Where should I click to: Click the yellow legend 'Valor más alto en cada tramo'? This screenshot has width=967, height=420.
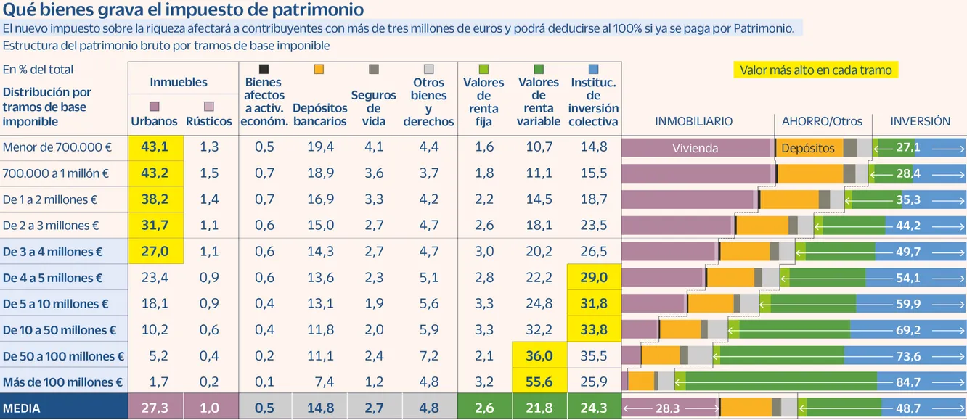815,70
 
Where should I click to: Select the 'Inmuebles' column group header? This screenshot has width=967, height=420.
179,83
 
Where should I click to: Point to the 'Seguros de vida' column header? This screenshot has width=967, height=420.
374,108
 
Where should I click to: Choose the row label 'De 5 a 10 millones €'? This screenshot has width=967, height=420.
56,304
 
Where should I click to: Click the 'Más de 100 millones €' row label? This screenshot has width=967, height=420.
63,382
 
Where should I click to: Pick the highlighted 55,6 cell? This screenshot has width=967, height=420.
539,382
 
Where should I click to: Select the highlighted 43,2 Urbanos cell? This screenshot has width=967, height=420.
155,173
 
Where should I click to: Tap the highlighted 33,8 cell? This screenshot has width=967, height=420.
594,330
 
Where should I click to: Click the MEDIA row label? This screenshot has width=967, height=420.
22,408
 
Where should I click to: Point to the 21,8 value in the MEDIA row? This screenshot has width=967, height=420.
539,408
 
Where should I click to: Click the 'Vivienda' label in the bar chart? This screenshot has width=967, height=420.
695,148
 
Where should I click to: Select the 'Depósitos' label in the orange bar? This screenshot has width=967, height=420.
808,148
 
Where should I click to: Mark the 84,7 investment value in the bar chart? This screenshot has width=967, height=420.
908,382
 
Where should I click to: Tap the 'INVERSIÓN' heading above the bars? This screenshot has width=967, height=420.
920,121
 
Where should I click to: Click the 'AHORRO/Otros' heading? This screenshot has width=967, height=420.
821,121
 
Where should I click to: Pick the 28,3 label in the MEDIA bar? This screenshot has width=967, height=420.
667,408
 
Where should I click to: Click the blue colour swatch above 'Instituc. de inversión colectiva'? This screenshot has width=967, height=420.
593,69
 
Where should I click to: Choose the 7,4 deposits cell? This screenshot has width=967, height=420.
320,382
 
